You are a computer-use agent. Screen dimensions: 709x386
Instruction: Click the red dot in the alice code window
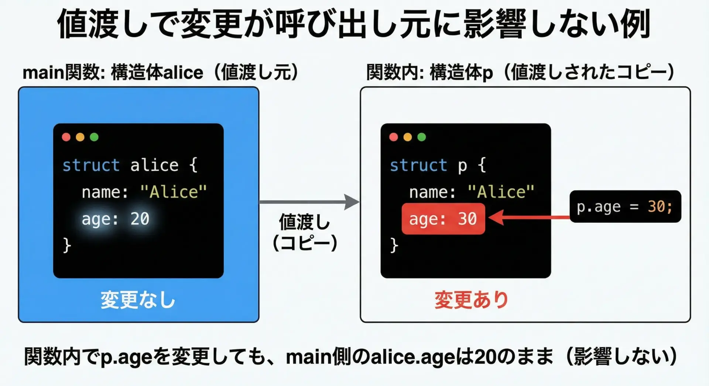coord(66,137)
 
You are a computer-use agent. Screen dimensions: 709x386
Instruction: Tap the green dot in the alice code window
coord(94,137)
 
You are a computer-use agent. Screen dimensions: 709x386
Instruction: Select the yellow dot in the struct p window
coord(408,137)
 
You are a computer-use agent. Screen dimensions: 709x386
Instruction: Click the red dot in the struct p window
coord(394,137)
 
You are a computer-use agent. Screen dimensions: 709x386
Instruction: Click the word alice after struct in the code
coord(154,165)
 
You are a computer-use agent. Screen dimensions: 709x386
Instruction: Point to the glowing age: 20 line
coord(115,219)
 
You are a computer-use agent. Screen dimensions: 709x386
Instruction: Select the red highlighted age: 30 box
coord(443,219)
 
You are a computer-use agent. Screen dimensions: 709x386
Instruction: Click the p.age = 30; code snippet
coord(625,206)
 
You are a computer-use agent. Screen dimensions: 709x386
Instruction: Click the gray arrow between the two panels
coord(309,202)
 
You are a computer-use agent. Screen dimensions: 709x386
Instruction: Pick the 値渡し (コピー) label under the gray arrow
coord(305,232)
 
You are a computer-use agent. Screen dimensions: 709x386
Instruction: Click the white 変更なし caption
coord(138,300)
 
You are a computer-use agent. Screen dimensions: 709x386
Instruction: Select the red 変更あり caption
coord(471,300)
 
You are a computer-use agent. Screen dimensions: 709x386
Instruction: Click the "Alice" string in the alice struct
coord(173,192)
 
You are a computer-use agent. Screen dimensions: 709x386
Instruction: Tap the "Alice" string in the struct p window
coord(501,192)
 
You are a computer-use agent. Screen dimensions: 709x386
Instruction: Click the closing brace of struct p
coord(394,245)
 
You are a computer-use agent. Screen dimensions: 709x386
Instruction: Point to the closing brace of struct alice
coord(67,245)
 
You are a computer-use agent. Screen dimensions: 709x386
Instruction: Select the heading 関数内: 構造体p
coord(429,72)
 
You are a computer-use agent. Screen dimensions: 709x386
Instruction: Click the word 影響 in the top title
coord(494,24)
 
